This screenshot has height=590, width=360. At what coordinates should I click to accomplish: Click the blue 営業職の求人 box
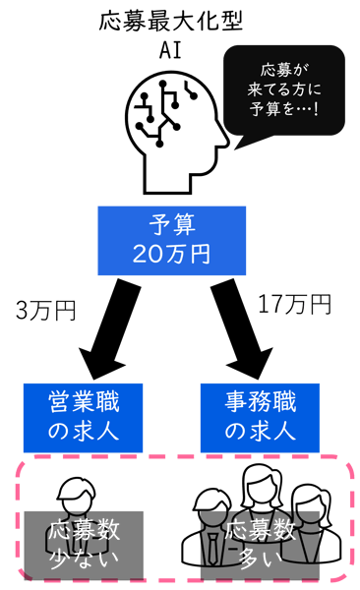[83, 415]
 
